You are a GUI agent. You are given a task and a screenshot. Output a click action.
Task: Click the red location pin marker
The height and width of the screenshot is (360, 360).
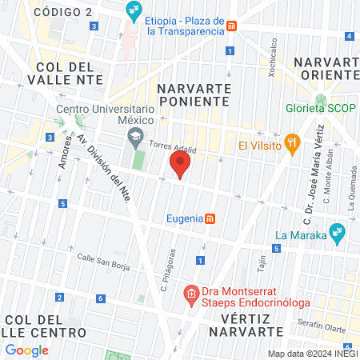(180, 166)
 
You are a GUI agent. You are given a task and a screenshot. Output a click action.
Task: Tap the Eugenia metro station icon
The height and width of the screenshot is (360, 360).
(210, 218)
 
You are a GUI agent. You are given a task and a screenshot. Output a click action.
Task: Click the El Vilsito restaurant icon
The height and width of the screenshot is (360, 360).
(293, 146)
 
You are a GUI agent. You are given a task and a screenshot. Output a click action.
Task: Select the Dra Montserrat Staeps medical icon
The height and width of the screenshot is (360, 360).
(190, 294)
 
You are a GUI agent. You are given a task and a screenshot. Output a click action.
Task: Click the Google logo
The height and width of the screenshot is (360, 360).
(27, 350)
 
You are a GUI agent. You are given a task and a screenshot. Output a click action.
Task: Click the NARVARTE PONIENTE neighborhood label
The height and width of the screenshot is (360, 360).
(194, 95)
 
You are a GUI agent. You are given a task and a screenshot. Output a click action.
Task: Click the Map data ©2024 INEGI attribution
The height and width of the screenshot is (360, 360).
(312, 354)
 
